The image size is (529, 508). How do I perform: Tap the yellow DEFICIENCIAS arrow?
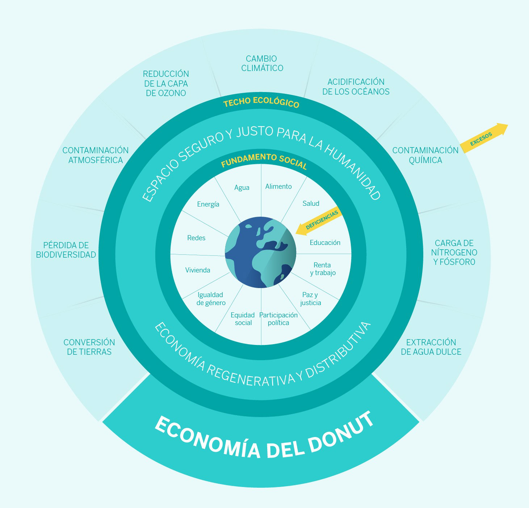coord(319,221)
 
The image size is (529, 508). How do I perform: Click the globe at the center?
coord(261,252)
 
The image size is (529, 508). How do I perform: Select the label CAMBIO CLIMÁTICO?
coord(262,63)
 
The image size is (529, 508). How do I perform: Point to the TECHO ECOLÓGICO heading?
coord(261,103)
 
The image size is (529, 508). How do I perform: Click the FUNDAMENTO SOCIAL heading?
coord(264,161)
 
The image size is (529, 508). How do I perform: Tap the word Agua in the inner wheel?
coord(242,187)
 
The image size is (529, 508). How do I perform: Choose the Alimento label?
coord(278,186)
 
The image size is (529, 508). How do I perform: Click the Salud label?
coord(311,203)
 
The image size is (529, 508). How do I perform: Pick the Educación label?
coord(325,242)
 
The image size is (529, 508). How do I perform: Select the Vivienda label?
coord(198,270)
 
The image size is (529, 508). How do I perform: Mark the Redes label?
coord(196,238)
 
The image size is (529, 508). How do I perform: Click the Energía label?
coord(208,204)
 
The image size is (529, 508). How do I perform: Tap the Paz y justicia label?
coord(310,299)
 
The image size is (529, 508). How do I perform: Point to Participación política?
coord(278,319)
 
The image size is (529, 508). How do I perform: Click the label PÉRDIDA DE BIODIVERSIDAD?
coord(66,250)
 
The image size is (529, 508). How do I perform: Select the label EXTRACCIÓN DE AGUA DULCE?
coord(431,347)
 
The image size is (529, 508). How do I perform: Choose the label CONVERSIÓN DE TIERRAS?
coord(89,347)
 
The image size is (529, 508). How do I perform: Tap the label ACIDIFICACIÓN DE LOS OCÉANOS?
coord(356,87)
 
